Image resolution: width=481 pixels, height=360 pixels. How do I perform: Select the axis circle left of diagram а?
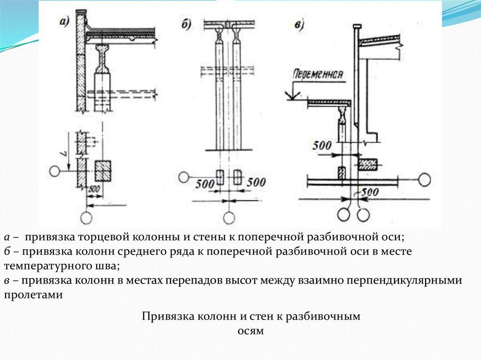pyautogui.click(x=55, y=171)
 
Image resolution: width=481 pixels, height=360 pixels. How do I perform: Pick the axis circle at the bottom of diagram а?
pyautogui.click(x=86, y=218)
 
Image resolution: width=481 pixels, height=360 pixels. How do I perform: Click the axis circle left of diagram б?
pyautogui.click(x=184, y=177)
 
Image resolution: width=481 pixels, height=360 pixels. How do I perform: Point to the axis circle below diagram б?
pyautogui.click(x=229, y=218)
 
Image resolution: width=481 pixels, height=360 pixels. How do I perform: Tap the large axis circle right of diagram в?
pyautogui.click(x=425, y=179)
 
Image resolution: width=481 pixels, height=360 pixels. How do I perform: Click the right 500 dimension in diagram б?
pyautogui.click(x=256, y=182)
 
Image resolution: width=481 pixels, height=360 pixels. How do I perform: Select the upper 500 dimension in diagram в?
pyautogui.click(x=322, y=146)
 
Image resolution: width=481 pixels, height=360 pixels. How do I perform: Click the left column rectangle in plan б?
pyautogui.click(x=219, y=177)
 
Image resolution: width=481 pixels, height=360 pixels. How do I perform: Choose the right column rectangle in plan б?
pyautogui.click(x=237, y=177)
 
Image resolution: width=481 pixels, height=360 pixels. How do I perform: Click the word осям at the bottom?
pyautogui.click(x=251, y=331)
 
